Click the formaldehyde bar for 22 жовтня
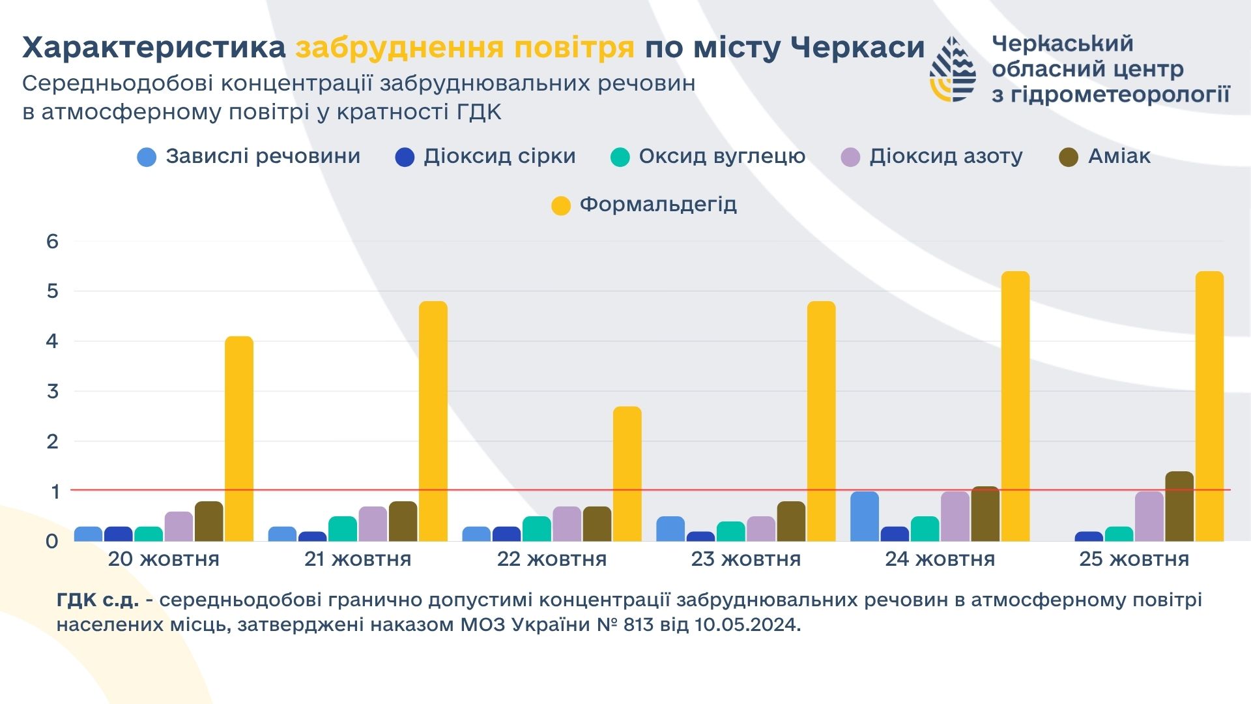click(627, 474)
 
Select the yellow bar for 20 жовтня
click(239, 439)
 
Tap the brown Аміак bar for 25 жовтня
click(1179, 506)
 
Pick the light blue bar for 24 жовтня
click(865, 516)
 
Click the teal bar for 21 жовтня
click(343, 529)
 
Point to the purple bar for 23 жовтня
click(761, 529)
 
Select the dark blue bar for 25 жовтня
click(1089, 536)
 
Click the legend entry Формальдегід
click(658, 205)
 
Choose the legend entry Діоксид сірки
click(499, 156)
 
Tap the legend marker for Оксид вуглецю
click(620, 157)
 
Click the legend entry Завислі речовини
click(263, 156)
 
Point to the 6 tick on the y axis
click(52, 241)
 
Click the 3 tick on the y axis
click(52, 391)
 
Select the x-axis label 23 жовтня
click(746, 559)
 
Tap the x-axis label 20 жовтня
click(164, 559)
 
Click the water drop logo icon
click(953, 69)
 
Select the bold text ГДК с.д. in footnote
click(98, 600)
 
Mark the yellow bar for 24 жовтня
click(1015, 406)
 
